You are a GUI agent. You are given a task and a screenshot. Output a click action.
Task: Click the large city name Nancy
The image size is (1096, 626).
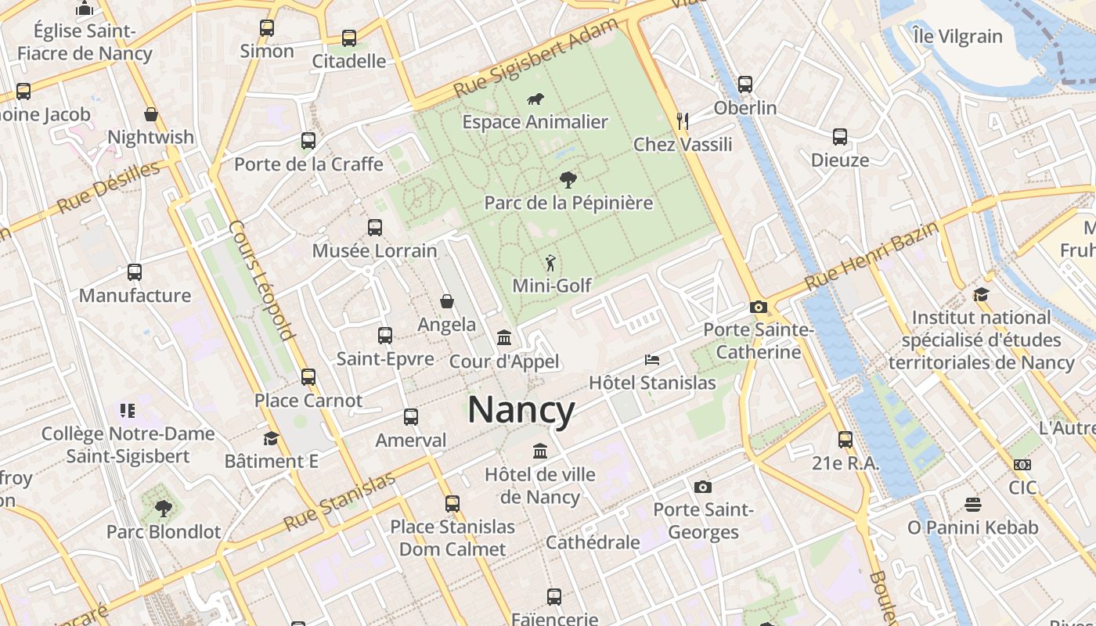click(521, 410)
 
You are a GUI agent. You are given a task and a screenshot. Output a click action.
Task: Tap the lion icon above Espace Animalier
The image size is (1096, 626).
click(535, 99)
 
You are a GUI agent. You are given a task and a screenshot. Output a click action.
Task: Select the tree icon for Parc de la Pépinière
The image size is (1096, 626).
click(568, 180)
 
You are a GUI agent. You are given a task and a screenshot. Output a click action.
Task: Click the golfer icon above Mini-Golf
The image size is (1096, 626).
click(552, 262)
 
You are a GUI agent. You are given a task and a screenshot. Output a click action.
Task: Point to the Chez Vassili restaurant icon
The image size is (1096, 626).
click(683, 121)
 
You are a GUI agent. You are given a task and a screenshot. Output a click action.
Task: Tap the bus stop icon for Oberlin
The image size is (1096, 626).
click(745, 84)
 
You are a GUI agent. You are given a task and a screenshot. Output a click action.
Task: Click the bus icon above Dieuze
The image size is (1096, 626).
click(840, 137)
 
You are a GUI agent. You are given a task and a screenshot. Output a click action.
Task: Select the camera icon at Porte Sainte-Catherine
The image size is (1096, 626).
click(758, 307)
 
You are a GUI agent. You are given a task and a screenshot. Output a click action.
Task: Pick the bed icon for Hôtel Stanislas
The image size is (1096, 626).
click(652, 359)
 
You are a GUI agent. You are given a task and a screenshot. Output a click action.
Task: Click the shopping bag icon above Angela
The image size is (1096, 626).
click(447, 301)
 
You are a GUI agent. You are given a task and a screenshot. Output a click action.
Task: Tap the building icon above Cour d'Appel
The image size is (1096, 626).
click(504, 338)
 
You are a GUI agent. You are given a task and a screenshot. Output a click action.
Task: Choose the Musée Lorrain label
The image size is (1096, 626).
click(375, 251)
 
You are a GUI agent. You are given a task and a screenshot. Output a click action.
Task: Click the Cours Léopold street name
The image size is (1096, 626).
click(261, 280)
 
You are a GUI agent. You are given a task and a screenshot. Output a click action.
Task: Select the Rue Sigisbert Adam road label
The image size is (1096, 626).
click(536, 58)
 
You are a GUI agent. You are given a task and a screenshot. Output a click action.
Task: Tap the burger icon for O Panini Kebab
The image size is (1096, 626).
click(973, 503)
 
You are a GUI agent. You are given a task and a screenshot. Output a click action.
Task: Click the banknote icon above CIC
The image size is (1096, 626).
click(1022, 464)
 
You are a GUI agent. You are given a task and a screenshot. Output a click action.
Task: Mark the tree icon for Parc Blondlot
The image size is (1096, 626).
click(164, 509)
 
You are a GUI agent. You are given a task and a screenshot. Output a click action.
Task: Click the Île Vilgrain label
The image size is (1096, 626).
click(957, 36)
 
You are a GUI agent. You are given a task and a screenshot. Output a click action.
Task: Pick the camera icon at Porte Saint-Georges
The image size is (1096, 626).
click(703, 487)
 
